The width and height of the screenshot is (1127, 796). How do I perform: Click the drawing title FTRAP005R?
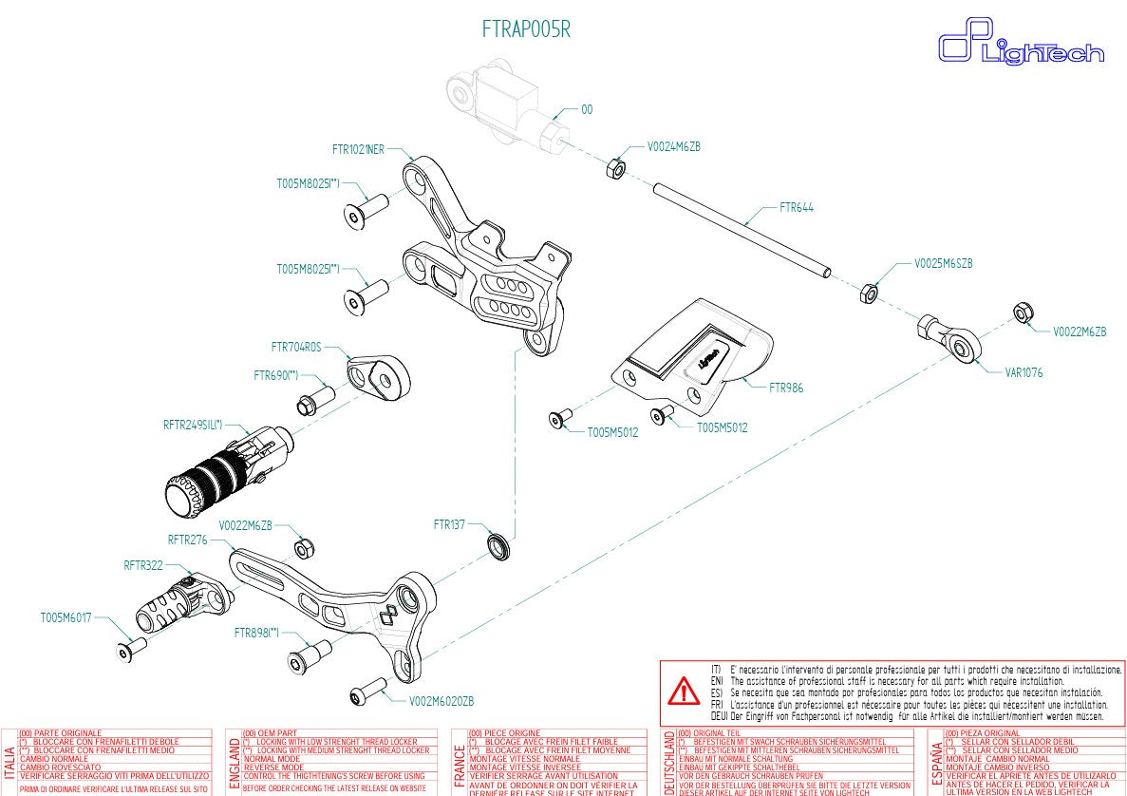coord(526,29)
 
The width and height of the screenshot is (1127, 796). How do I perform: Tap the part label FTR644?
coord(796,207)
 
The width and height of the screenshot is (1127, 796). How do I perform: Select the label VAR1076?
coord(1024,372)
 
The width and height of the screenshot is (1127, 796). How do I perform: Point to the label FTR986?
coord(785,388)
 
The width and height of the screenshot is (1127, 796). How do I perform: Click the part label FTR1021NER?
coord(358,149)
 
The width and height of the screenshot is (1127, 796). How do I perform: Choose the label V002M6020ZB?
coord(441,701)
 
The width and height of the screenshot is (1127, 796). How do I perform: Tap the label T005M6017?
coord(66,617)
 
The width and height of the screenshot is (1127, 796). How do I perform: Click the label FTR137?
coord(449,524)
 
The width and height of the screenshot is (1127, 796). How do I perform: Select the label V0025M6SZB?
coord(943,262)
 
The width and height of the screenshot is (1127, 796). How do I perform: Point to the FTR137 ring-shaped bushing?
coord(498,546)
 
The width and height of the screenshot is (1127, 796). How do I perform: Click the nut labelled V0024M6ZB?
coord(614,169)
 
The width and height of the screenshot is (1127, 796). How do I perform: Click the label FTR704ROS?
coord(296,347)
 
